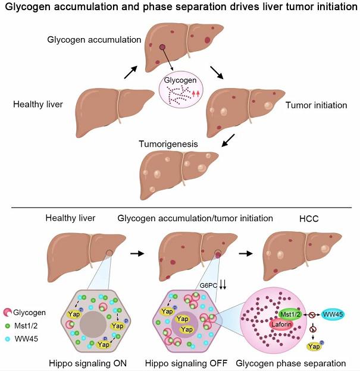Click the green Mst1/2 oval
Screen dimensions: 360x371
[x=290, y=314]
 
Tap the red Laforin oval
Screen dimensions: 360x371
[x=281, y=324]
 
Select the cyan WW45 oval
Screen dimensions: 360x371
[x=333, y=315]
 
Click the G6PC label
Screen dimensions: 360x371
[x=208, y=285]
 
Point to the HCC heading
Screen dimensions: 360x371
[x=309, y=219]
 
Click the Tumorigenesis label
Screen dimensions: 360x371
[x=168, y=144]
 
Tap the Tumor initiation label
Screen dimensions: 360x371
[x=316, y=105]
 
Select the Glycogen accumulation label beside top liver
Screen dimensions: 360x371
[x=94, y=40]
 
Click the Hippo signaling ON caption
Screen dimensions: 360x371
[x=87, y=363]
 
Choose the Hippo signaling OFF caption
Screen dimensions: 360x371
[x=186, y=363]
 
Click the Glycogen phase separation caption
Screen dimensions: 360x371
[x=291, y=363]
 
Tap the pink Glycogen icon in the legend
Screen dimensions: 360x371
[x=8, y=312]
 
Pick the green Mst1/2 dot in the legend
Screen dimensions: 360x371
[x=8, y=326]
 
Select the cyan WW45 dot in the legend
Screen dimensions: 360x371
[x=8, y=339]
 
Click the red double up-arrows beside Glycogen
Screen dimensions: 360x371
[x=196, y=95]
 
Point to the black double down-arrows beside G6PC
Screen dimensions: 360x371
[x=223, y=284]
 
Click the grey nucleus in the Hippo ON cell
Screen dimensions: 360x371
[x=93, y=325]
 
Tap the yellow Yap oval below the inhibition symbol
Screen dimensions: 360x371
[x=314, y=347]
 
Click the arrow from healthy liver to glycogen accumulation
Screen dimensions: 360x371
[x=131, y=72]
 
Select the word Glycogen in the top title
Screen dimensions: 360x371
[x=28, y=7]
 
